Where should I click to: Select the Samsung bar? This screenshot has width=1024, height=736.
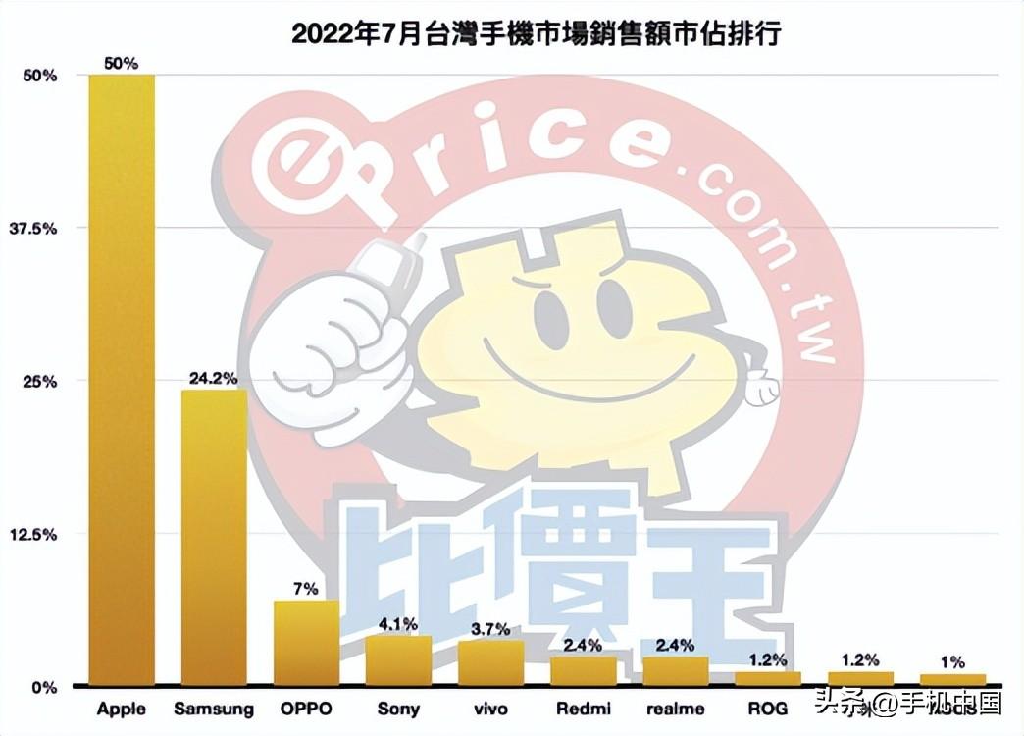[x=214, y=537]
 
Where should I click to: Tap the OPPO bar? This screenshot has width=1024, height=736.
[x=306, y=643]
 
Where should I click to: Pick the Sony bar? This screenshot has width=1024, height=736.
[x=398, y=660]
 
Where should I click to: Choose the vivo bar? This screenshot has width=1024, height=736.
[x=490, y=663]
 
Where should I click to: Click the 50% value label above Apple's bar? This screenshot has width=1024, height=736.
[x=123, y=63]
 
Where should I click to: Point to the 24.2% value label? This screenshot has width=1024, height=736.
[x=215, y=377]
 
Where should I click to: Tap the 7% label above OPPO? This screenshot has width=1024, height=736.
[x=306, y=589]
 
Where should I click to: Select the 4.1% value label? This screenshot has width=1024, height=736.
[x=398, y=623]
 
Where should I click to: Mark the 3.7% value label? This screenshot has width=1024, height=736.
[x=490, y=627]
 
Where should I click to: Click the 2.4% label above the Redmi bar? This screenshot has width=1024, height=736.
[x=583, y=644]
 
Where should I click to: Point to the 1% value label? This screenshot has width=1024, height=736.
[x=951, y=662]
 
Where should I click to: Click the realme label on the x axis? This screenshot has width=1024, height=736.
[x=675, y=709]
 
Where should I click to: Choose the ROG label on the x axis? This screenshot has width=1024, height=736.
[x=767, y=709]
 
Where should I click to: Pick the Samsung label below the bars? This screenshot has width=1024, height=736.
[x=214, y=709]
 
